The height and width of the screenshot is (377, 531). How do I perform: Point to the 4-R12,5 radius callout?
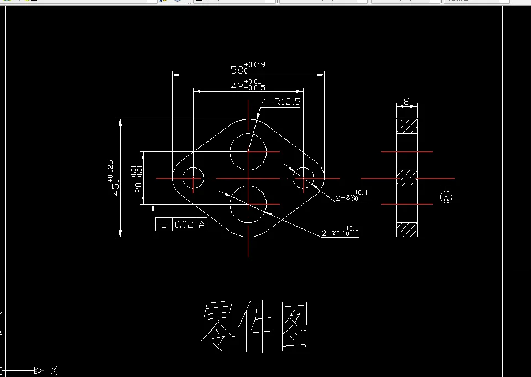click(x=282, y=102)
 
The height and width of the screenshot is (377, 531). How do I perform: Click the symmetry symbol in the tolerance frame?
click(x=164, y=224)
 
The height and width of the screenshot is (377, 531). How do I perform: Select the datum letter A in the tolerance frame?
click(x=202, y=224)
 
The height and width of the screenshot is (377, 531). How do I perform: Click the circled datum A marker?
click(x=446, y=197)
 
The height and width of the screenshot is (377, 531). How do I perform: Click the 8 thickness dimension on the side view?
click(x=407, y=102)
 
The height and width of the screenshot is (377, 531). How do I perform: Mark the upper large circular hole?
click(x=248, y=150)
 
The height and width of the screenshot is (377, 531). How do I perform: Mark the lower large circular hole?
click(x=248, y=204)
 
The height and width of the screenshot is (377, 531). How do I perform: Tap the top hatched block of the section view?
click(x=407, y=126)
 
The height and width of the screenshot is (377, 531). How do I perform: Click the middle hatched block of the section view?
click(x=407, y=178)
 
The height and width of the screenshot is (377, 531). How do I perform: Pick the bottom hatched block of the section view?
click(x=407, y=229)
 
